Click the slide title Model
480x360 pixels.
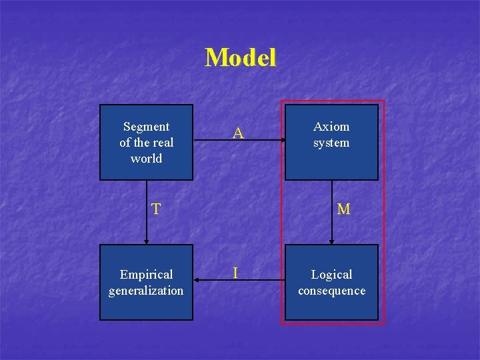[x=240, y=58]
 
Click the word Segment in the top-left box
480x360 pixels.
[x=146, y=127]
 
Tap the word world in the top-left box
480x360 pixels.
[x=146, y=159]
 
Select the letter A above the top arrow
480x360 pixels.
[x=238, y=134]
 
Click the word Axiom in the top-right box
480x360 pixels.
[x=331, y=127]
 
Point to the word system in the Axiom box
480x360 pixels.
[x=331, y=143]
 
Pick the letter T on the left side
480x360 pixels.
[x=155, y=209]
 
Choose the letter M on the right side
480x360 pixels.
[x=343, y=209]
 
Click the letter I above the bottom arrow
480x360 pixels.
[x=235, y=273]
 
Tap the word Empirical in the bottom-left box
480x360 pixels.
[x=146, y=275]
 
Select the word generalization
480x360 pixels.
[x=146, y=291]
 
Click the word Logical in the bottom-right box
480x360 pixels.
[x=331, y=275]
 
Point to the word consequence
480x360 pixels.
[x=331, y=291]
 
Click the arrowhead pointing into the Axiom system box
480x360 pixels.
[x=281, y=141]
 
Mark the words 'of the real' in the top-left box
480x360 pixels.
[x=146, y=143]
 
